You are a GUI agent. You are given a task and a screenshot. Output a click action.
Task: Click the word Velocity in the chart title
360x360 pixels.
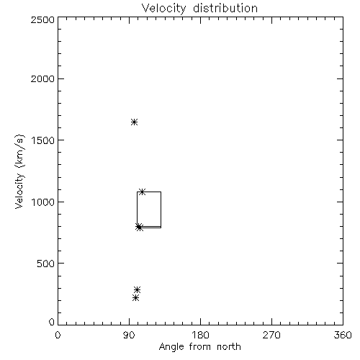[164, 9]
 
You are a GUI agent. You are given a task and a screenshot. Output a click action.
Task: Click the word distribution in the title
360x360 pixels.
[225, 8]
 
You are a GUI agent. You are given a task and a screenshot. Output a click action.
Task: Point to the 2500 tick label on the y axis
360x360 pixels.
[42, 19]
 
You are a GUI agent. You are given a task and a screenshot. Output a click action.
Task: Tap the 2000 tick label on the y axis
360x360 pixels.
[42, 78]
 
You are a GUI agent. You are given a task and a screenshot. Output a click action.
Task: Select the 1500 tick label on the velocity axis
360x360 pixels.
[43, 140]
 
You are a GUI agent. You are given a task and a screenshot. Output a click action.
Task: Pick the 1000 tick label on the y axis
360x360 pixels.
[43, 202]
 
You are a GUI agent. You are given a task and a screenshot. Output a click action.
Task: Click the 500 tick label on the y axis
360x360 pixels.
[45, 264]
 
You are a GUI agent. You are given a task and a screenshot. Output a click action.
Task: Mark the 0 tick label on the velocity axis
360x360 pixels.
[52, 322]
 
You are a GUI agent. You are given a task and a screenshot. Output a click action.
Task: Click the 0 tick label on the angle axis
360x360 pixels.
[58, 335]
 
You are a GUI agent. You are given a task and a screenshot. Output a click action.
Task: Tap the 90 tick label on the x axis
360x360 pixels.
[129, 335]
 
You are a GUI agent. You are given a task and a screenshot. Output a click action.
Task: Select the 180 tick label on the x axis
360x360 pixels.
[200, 335]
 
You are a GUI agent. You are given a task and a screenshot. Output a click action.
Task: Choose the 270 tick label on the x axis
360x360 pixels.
[271, 335]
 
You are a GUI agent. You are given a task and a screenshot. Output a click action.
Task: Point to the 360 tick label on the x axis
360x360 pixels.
[343, 335]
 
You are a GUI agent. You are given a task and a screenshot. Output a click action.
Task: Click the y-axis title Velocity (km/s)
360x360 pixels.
[19, 171]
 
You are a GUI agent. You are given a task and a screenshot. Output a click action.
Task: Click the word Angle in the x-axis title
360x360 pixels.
[171, 347]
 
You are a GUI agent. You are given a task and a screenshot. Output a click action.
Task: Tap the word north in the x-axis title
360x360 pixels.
[229, 347]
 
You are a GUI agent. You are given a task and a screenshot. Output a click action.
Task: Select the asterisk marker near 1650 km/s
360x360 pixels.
[134, 122]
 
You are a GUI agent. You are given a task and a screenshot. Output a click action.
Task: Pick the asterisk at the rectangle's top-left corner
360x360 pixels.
[142, 192]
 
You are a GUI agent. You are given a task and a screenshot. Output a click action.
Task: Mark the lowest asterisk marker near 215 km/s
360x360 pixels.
[135, 298]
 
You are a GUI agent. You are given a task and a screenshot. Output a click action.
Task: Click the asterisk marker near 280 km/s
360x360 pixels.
[137, 289]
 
